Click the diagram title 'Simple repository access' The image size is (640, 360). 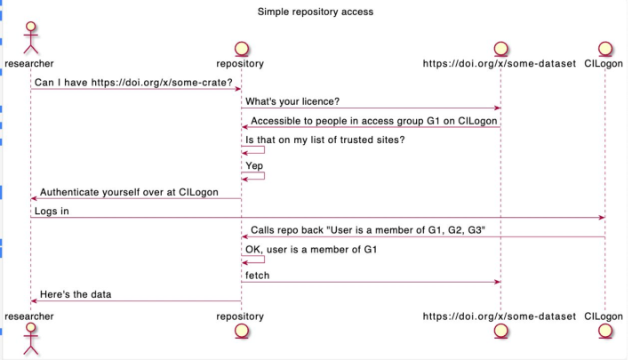pyautogui.click(x=315, y=12)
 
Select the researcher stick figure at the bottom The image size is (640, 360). pyautogui.click(x=29, y=340)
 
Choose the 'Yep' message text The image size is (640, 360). pyautogui.click(x=254, y=166)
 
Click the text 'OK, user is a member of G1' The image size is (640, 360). pyautogui.click(x=310, y=251)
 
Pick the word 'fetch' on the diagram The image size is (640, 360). pyautogui.click(x=257, y=276)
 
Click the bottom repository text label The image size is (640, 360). pyautogui.click(x=240, y=316)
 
